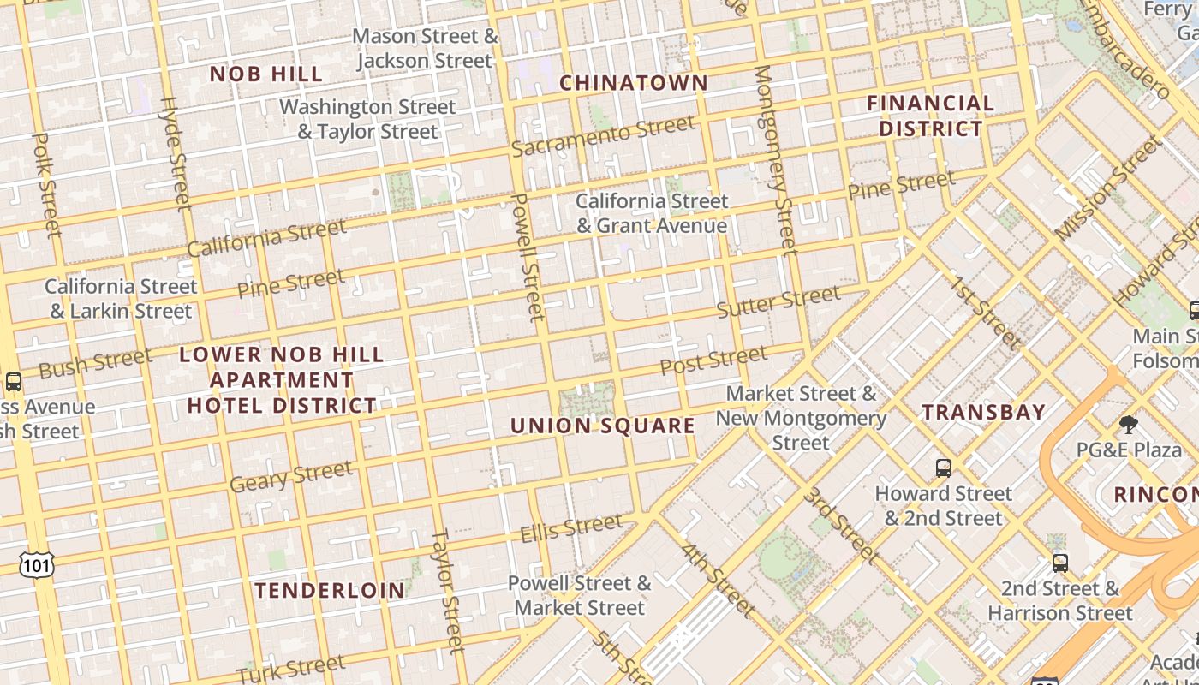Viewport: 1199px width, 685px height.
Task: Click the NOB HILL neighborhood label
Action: coord(266,74)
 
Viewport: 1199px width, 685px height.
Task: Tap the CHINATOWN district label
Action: coord(634,83)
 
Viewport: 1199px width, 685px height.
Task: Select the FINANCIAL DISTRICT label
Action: coord(930,116)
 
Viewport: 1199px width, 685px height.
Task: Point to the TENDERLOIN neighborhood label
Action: coord(330,590)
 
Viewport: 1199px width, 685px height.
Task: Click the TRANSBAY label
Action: coord(984,412)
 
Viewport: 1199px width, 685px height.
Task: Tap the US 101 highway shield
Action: coord(37,563)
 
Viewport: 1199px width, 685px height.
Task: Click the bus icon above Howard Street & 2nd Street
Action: coord(943,468)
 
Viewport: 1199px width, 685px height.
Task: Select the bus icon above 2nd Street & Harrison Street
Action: coord(1060,563)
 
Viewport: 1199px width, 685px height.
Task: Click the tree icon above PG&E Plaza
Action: coord(1129,425)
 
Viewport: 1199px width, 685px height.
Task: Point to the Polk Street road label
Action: coord(47,184)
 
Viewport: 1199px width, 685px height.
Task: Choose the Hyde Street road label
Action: coord(175,154)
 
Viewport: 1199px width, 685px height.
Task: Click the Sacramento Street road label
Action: coord(603,136)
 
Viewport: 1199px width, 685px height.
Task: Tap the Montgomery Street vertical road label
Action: coord(775,160)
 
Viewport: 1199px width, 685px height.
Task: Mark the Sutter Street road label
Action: coord(778,301)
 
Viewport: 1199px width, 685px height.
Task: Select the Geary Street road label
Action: coord(291,476)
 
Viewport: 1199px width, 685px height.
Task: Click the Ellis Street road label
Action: coord(571,527)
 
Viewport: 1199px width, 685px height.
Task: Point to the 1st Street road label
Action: coord(985,313)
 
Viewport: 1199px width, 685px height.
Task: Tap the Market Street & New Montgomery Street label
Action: coord(801,418)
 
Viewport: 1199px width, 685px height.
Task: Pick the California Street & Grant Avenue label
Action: coord(652,213)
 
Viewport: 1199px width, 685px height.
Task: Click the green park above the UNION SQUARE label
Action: coord(588,399)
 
